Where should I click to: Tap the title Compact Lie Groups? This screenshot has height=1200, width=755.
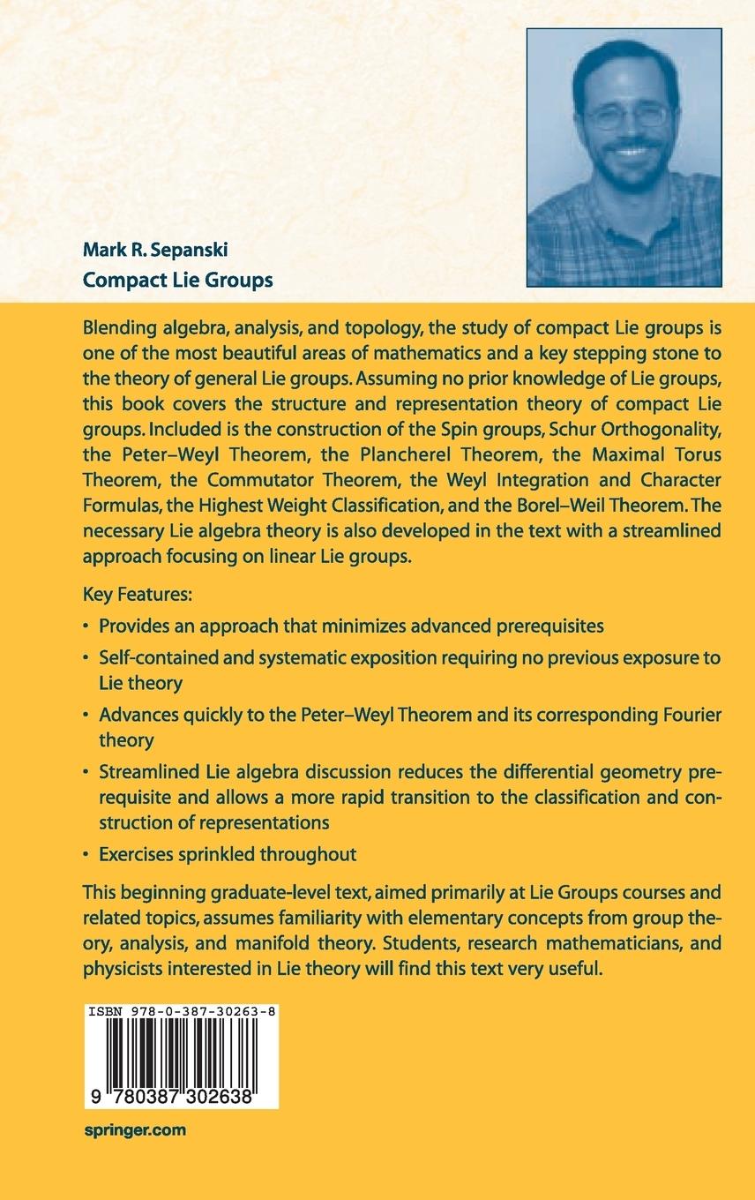pos(177,280)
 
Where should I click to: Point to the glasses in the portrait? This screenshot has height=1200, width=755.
pos(626,116)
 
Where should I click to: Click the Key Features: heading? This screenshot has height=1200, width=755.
pos(137,595)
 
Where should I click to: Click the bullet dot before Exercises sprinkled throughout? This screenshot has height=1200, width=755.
pos(86,854)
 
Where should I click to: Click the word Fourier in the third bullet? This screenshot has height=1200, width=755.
pos(684,716)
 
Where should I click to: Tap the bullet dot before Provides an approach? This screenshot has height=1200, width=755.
pos(86,626)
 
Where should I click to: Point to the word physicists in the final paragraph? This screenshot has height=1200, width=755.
pos(121,968)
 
